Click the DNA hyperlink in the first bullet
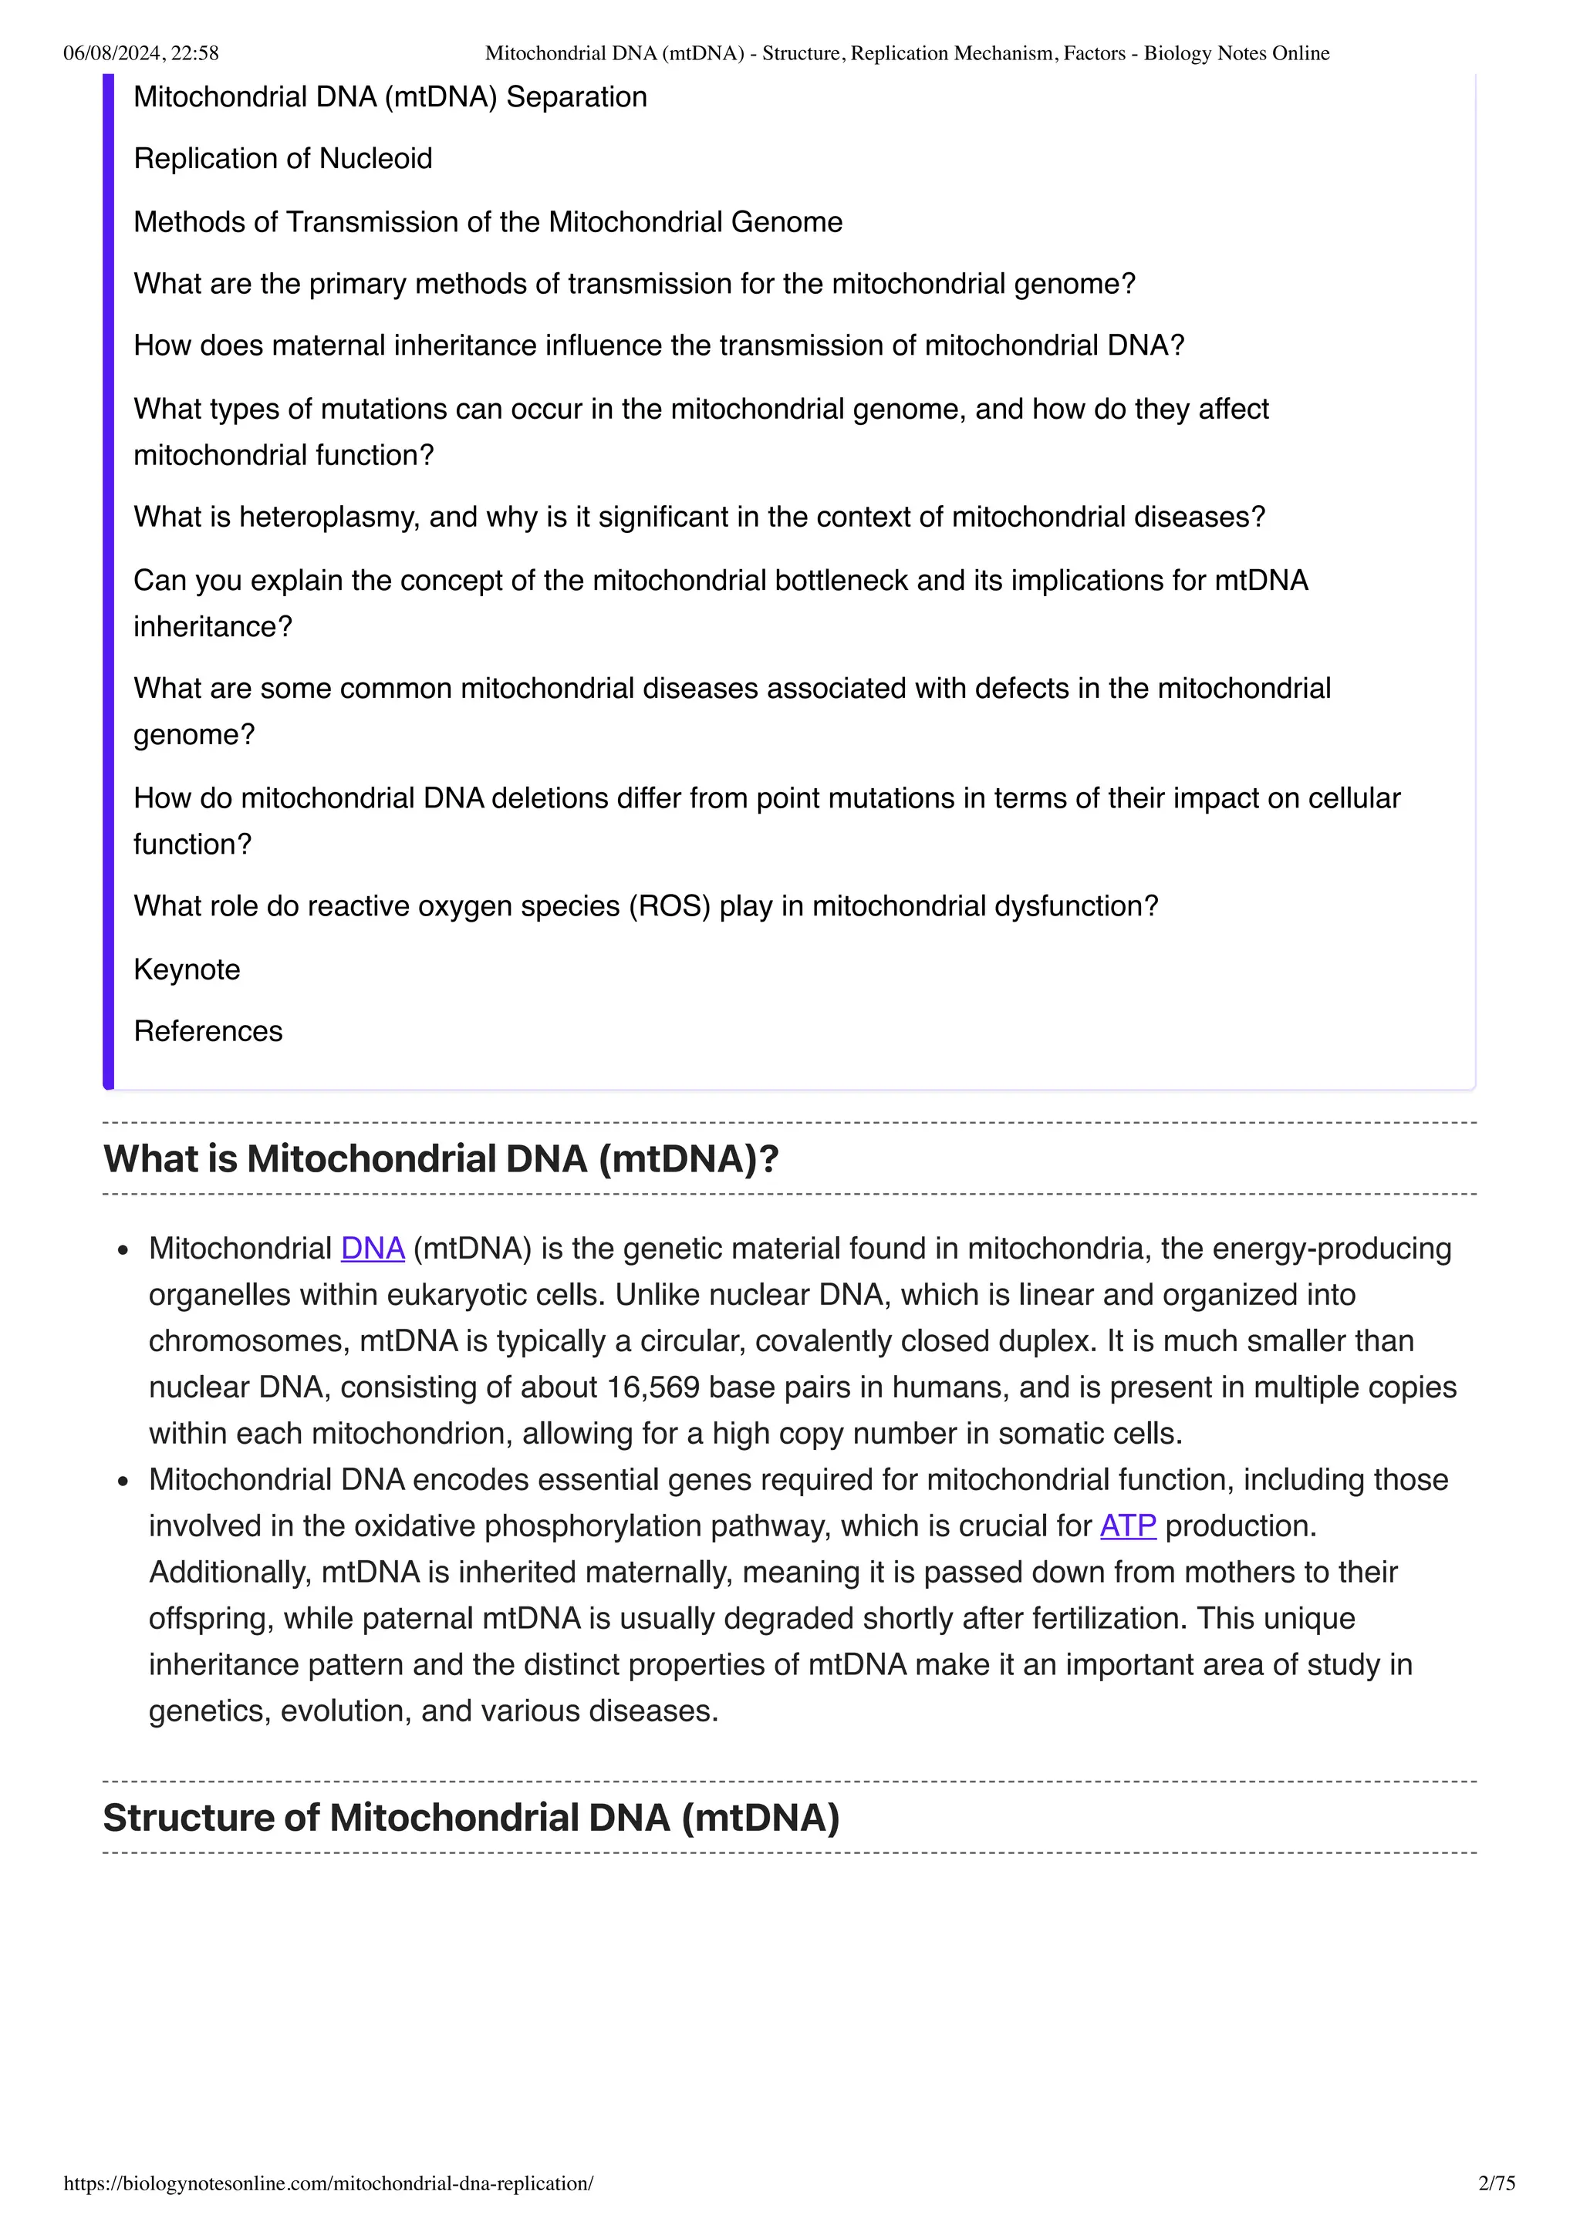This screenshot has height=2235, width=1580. pos(372,1249)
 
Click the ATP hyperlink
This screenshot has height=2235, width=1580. pos(1127,1526)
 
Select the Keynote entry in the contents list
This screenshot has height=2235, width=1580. pos(187,969)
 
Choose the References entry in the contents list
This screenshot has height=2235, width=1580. pos(208,1031)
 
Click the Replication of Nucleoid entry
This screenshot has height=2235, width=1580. pos(282,159)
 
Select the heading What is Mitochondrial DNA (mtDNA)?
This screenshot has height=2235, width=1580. pos(441,1158)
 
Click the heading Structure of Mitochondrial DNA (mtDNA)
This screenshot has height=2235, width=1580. pos(471,1818)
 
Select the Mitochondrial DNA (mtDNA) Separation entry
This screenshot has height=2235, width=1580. pos(390,97)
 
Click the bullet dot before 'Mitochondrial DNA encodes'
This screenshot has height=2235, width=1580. pos(123,1482)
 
